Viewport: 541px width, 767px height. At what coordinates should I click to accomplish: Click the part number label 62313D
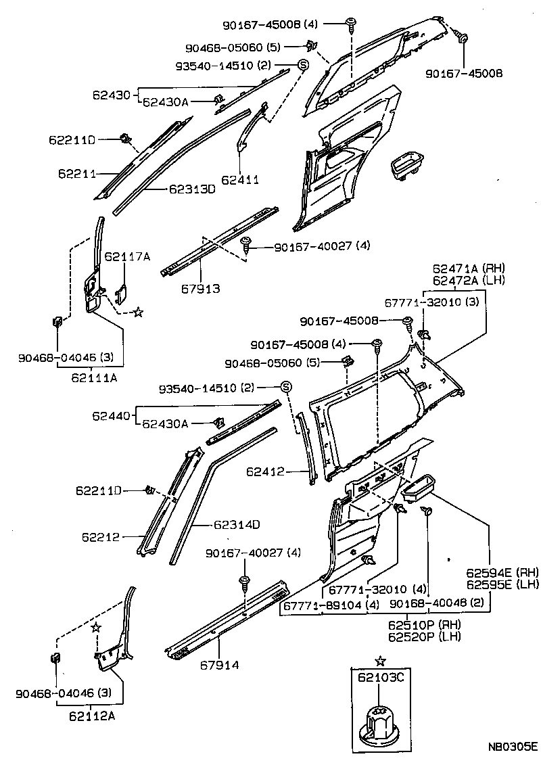click(191, 189)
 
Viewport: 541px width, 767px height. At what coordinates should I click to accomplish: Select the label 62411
click(242, 181)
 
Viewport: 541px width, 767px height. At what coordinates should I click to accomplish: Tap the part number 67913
click(201, 289)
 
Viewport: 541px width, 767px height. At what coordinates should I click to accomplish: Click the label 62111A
click(93, 377)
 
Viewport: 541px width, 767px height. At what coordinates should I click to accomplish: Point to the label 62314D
click(237, 524)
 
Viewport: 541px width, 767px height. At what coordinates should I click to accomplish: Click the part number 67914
click(219, 666)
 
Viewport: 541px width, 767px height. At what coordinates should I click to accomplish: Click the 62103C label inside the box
click(380, 678)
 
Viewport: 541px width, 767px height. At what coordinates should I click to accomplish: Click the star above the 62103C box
click(380, 660)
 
